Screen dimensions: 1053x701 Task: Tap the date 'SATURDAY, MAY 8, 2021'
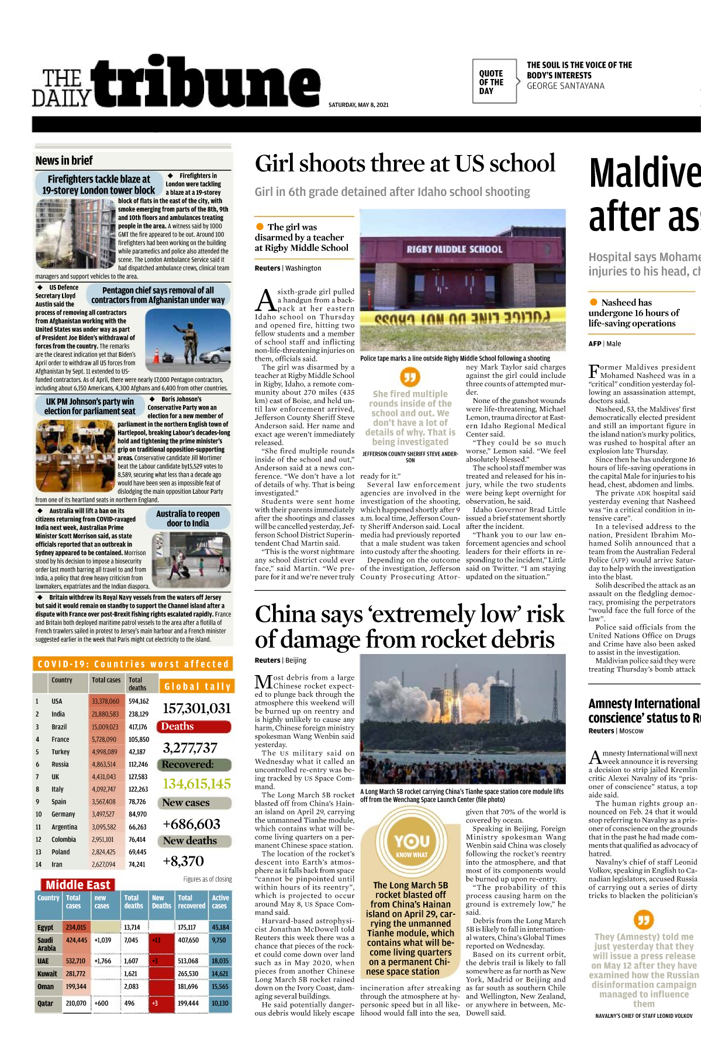358,105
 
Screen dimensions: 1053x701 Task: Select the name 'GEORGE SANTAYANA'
565,86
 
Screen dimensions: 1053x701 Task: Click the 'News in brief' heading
64,161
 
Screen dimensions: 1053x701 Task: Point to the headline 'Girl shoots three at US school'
405,164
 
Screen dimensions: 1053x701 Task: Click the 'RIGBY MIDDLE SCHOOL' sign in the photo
454,250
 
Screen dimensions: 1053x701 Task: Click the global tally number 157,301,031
196,708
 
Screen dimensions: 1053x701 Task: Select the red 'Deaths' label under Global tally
194,727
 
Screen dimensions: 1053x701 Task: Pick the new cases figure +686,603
191,824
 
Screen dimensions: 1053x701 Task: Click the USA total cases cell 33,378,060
105,701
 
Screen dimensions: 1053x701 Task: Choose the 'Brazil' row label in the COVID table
59,727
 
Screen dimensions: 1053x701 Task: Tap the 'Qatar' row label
46,1003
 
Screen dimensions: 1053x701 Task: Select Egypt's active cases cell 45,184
220,927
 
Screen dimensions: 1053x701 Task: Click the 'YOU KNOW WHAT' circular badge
412,845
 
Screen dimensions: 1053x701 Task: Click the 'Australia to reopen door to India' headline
188,518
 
